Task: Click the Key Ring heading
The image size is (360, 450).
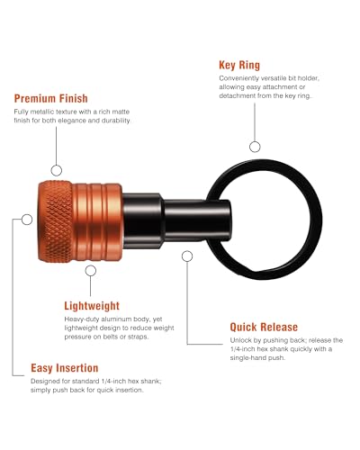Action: click(x=239, y=65)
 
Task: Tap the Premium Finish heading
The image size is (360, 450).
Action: click(x=51, y=98)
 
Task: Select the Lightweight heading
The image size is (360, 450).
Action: click(x=92, y=306)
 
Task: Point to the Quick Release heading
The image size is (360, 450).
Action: click(x=264, y=327)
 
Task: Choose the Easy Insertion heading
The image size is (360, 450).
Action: click(x=65, y=368)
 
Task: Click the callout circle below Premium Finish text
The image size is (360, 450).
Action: click(x=57, y=170)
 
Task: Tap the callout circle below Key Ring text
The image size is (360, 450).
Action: click(x=255, y=147)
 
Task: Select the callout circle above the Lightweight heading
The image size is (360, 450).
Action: click(x=91, y=271)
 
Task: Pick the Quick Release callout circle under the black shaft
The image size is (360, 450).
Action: click(x=187, y=256)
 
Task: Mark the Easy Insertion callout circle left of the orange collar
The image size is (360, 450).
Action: click(x=27, y=220)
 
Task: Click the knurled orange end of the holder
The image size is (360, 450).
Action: click(x=56, y=221)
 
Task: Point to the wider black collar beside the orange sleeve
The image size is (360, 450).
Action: click(x=143, y=221)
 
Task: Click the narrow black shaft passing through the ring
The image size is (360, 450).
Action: click(x=197, y=220)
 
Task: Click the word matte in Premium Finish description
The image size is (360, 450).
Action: click(x=121, y=112)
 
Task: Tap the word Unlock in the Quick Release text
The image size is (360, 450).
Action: click(x=241, y=340)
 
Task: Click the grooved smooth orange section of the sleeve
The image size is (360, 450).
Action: click(x=97, y=222)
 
